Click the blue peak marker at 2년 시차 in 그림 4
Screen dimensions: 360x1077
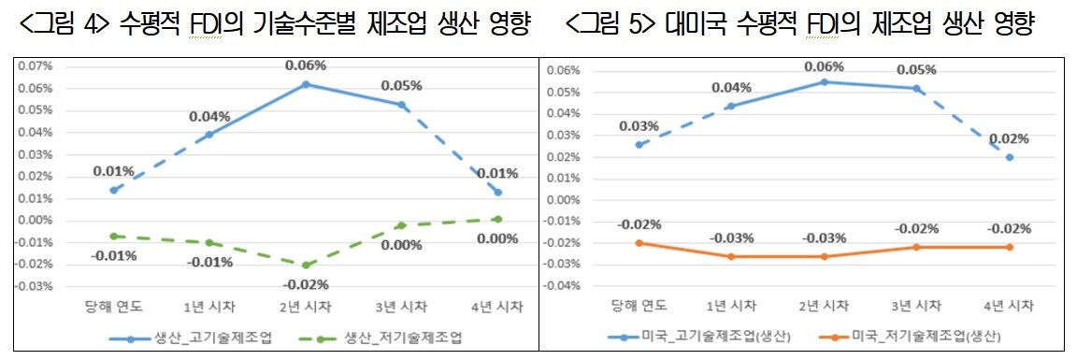pyautogui.click(x=306, y=84)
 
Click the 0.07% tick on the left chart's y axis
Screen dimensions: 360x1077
pyautogui.click(x=36, y=66)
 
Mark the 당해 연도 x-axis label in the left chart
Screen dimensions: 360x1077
pyautogui.click(x=114, y=307)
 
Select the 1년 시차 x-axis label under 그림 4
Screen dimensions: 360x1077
pyautogui.click(x=209, y=307)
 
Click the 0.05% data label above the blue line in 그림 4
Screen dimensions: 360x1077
pyautogui.click(x=402, y=85)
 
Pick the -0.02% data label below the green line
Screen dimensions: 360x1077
pyautogui.click(x=306, y=283)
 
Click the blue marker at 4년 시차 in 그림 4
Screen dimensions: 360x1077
pyautogui.click(x=498, y=192)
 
